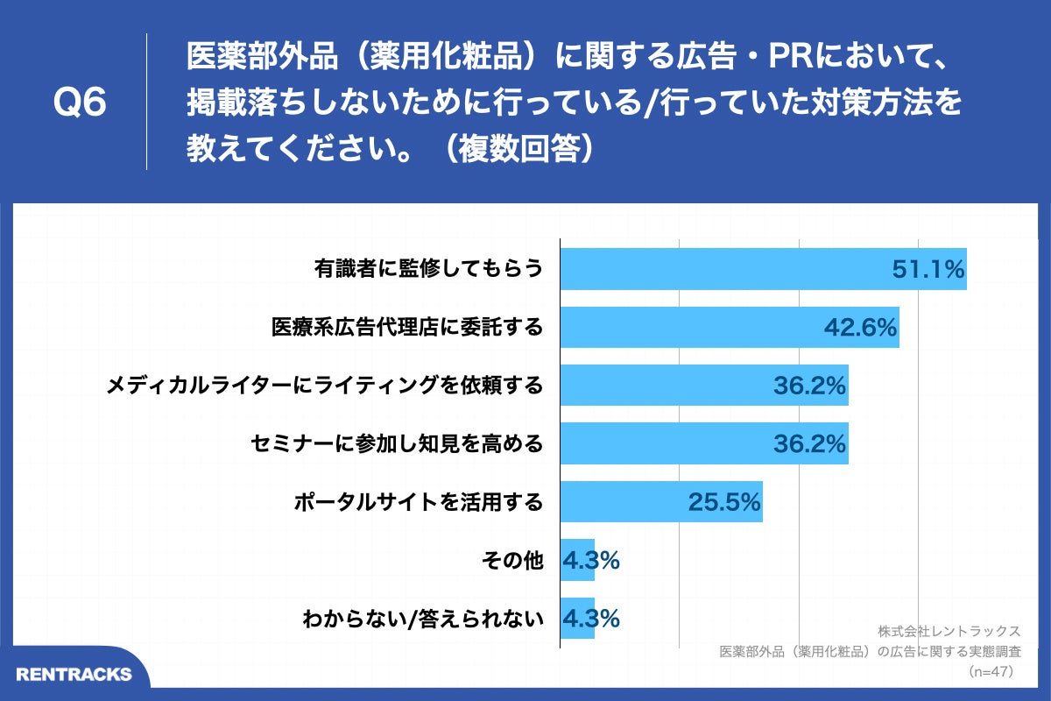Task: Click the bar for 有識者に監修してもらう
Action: pyautogui.click(x=762, y=269)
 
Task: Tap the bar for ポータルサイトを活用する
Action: pyautogui.click(x=660, y=501)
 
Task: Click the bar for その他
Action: pyautogui.click(x=577, y=560)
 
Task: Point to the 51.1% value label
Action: pyautogui.click(x=928, y=269)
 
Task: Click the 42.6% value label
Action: pyautogui.click(x=860, y=328)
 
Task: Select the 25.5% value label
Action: pyautogui.click(x=723, y=502)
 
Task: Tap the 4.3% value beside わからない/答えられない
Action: pyautogui.click(x=591, y=618)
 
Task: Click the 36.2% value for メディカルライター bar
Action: pyautogui.click(x=808, y=386)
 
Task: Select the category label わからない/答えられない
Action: pyautogui.click(x=423, y=619)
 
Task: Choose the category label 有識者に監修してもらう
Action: pyautogui.click(x=428, y=269)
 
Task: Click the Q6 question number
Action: pyautogui.click(x=80, y=103)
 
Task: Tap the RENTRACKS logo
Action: pyautogui.click(x=74, y=674)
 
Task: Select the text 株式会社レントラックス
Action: pyautogui.click(x=949, y=631)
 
